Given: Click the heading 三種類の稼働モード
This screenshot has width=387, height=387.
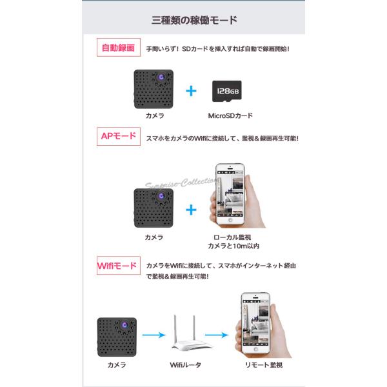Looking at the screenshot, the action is (x=194, y=20).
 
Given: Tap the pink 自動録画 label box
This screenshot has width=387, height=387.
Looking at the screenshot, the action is (x=119, y=47).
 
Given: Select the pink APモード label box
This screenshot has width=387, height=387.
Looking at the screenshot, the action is (x=119, y=136).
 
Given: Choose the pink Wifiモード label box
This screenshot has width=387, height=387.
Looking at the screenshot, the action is (x=119, y=266).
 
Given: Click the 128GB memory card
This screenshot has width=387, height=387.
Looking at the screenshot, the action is (x=227, y=91).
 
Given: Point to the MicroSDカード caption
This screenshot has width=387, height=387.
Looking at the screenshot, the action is (x=230, y=115).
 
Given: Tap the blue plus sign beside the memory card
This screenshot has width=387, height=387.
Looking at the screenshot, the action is (x=191, y=91).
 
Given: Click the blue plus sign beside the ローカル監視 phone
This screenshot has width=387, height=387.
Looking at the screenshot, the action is (x=191, y=210).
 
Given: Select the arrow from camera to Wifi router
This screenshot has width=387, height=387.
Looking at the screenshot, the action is (x=154, y=335).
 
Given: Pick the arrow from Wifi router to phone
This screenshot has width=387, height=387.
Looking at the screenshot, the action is (x=217, y=335).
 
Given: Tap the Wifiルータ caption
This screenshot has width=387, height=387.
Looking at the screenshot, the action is (x=185, y=365).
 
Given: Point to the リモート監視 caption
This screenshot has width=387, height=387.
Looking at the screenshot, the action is (x=264, y=365).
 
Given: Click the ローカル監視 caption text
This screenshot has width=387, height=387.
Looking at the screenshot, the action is (x=232, y=237).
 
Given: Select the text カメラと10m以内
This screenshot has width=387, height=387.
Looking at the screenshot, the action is (x=233, y=246).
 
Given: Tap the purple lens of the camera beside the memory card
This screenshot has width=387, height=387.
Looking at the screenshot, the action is (x=161, y=77).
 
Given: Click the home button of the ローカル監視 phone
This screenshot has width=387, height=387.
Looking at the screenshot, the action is (x=230, y=220).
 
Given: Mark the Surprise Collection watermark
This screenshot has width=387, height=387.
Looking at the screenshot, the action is (x=182, y=183).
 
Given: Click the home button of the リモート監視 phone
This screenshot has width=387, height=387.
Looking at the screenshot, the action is (x=256, y=349).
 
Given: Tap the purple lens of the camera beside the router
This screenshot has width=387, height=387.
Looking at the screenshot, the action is (x=124, y=325).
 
